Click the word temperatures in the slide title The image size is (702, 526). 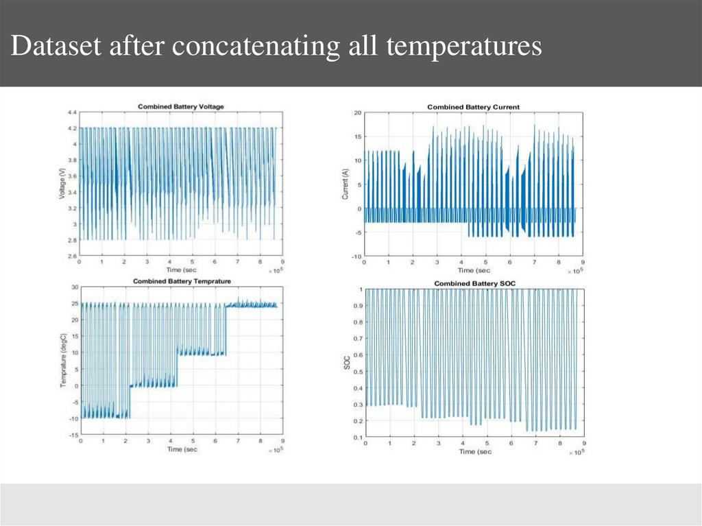463,47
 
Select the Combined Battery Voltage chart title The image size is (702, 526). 181,106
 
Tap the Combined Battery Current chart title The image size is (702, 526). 473,107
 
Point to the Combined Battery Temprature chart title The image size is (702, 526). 182,281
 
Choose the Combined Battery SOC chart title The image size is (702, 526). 474,283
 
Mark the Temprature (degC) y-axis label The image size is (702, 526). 62,361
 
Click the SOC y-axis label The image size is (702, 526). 346,363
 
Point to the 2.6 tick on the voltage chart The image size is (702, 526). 72,256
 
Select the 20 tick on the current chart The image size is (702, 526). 356,112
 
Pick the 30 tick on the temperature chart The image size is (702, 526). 74,288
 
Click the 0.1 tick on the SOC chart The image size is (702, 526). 358,437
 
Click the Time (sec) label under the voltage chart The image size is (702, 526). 181,270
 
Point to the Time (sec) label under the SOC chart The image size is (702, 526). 474,452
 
